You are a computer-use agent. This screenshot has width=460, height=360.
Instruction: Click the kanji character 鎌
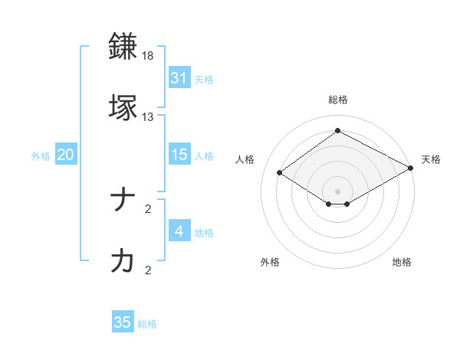pos(124,47)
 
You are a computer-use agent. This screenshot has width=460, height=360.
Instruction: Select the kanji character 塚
pos(124,107)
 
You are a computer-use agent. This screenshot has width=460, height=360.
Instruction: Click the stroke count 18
pos(148,56)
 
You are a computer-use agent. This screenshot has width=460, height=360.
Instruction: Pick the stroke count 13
pos(148,117)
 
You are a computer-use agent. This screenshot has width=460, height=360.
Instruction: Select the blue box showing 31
pos(179,77)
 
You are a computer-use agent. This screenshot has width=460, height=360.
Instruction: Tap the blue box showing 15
pos(179,155)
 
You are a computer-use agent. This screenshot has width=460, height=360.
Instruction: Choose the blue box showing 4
pos(179,231)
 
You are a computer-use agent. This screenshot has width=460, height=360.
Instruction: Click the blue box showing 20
pos(66,155)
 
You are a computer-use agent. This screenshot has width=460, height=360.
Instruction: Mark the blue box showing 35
pos(123,322)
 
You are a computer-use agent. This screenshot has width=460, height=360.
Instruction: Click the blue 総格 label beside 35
pos(148,324)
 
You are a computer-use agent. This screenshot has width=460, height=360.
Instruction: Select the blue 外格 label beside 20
pos(41,156)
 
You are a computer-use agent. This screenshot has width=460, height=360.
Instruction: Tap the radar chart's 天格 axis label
pos(431,159)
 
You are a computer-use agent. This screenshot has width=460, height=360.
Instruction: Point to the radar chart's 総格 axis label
pos(338,100)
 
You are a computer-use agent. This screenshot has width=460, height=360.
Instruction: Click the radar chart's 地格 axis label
pos(402,262)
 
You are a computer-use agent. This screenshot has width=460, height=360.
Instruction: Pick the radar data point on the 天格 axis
pos(412,168)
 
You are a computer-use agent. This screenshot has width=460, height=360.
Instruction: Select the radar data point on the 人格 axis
pos(280,173)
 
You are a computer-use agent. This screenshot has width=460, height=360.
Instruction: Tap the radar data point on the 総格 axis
pos(338,130)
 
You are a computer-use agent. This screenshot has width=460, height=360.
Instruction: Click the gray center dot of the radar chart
pos(338,191)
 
